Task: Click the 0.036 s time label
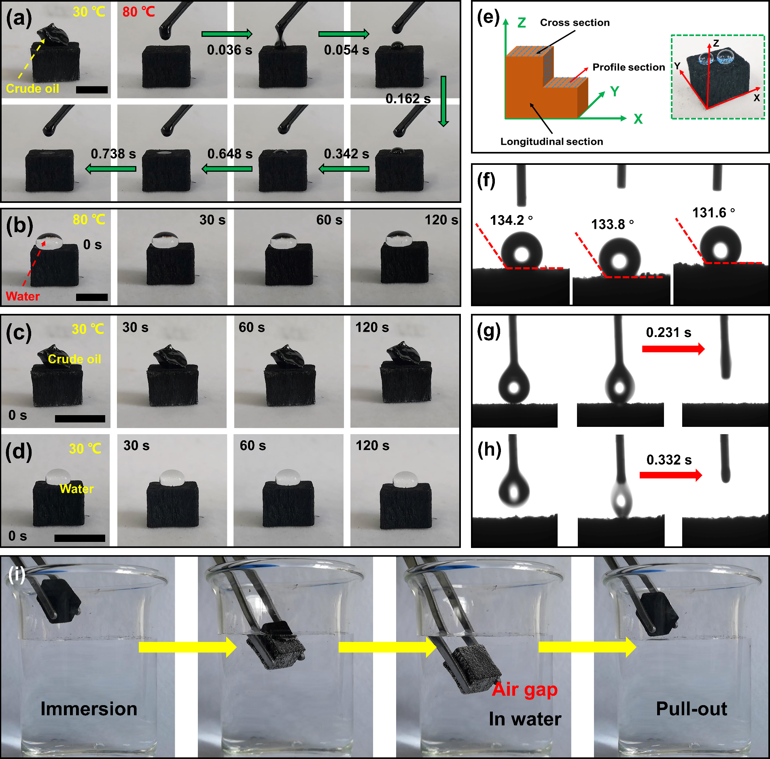point(229,50)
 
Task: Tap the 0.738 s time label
point(113,154)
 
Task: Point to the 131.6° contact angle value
point(713,213)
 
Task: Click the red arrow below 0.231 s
point(673,349)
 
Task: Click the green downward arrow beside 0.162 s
point(443,101)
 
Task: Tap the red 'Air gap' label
point(525,689)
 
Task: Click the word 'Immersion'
point(89,709)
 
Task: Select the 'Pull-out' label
point(692,709)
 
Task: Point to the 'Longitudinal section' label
point(552,141)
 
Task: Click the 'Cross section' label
point(575,23)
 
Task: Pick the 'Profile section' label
point(628,67)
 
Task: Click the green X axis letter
point(638,119)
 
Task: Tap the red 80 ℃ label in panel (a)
point(139,12)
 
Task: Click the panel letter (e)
point(488,18)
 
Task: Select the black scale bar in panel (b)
point(92,297)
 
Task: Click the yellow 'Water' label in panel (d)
point(76,489)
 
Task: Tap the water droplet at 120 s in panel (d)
point(405,479)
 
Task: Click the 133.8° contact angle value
point(612,224)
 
